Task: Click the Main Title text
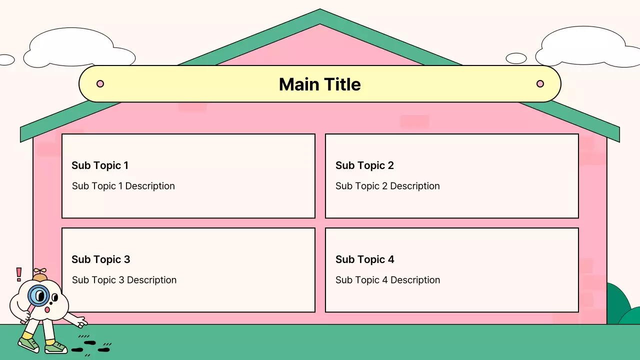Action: [319, 84]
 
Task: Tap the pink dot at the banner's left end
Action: [100, 83]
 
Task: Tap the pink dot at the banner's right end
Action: [540, 83]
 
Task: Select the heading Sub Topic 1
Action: [100, 165]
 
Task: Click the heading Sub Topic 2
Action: [364, 165]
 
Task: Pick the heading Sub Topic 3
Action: [100, 259]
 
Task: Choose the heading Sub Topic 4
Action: [364, 259]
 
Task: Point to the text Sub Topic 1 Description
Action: [123, 186]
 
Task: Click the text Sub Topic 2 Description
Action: [387, 186]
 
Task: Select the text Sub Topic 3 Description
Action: [124, 280]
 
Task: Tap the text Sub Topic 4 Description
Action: [387, 280]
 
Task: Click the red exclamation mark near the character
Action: [19, 274]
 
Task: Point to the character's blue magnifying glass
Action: [37, 295]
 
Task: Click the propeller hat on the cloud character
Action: [39, 275]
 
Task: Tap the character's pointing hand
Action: [80, 321]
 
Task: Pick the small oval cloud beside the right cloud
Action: [516, 58]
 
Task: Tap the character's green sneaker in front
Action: [55, 347]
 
